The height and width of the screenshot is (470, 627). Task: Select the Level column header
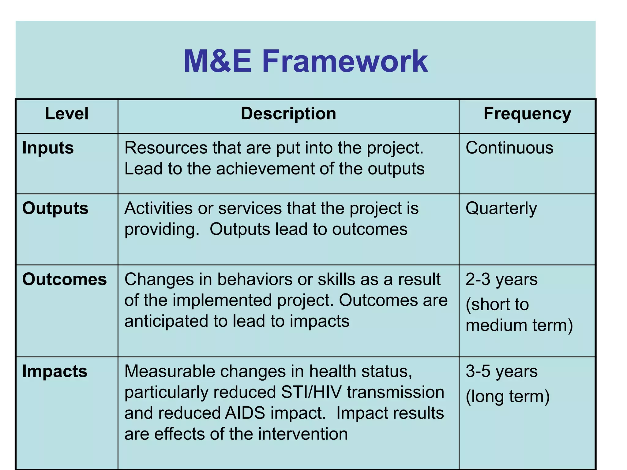(x=67, y=114)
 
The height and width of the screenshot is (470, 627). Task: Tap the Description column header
(x=288, y=114)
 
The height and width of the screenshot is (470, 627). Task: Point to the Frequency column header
(x=527, y=114)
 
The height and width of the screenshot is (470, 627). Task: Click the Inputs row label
(x=48, y=148)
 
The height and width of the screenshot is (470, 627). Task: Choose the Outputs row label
(x=55, y=208)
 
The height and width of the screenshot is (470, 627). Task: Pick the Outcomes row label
(x=65, y=279)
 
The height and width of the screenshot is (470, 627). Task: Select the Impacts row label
(x=55, y=371)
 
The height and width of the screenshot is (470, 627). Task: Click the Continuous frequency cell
(x=509, y=148)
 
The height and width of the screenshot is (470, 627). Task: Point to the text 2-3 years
(x=501, y=279)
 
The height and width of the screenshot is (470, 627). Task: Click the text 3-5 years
(x=501, y=371)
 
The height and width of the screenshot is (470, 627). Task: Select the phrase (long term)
(x=508, y=397)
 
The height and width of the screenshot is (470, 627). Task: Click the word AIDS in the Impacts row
(x=245, y=413)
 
